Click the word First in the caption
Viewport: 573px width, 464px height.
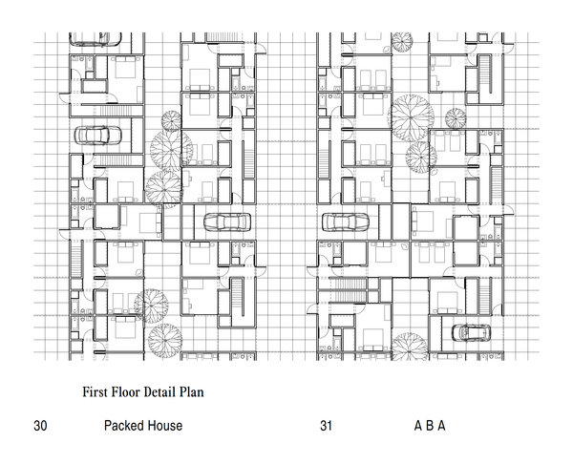coord(95,392)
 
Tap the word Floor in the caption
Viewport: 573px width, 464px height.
coord(125,392)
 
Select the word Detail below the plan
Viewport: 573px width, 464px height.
coord(159,392)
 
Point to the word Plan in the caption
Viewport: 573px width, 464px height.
coord(191,392)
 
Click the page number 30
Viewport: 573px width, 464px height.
coord(40,426)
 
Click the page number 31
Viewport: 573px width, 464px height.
coord(326,426)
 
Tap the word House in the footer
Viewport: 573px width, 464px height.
coord(164,426)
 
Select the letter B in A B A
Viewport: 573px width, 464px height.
coord(430,426)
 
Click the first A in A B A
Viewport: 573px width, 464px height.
coord(418,426)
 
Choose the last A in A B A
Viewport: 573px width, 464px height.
coord(441,426)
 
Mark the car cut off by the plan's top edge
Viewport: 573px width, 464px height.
coord(95,39)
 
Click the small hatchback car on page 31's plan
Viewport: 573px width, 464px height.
coord(472,332)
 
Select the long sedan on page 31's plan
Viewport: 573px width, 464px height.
coord(346,222)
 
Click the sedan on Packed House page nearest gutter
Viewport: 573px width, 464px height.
coord(227,222)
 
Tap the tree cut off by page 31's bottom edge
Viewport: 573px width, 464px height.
coord(410,346)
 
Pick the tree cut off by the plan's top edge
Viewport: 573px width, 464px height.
coord(402,42)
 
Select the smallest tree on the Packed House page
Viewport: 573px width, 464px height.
coord(171,121)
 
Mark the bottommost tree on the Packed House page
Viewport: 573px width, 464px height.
coord(164,341)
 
